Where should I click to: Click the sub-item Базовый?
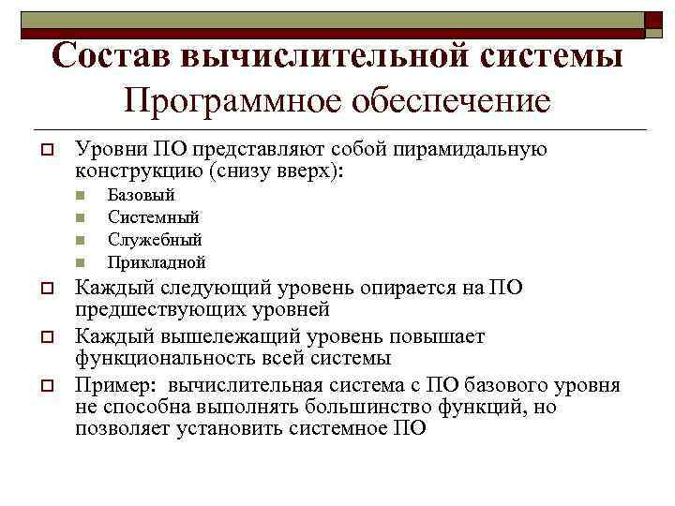141,195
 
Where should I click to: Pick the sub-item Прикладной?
157,262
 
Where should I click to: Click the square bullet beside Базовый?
82,196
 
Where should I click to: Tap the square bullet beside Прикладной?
82,263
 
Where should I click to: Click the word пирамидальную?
480,149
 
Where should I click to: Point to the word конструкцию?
140,171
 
